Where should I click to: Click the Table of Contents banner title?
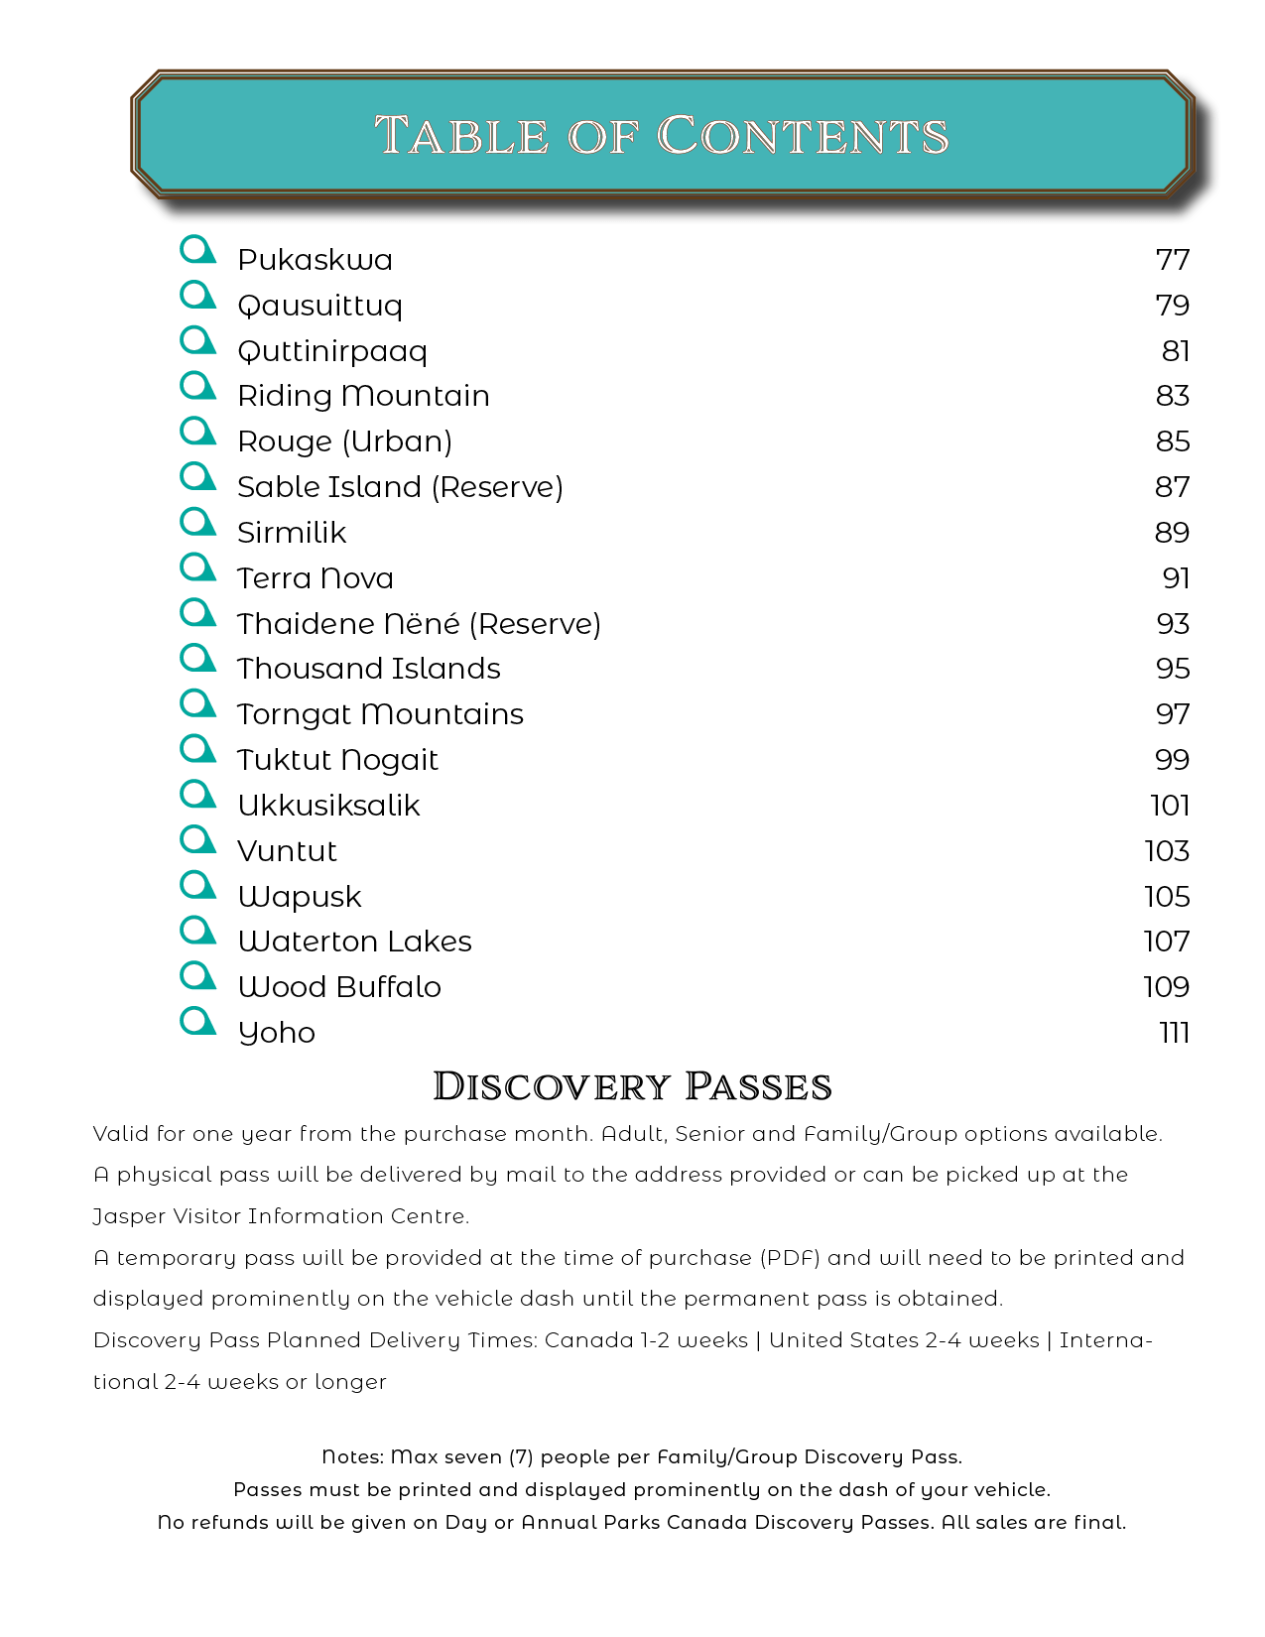662,135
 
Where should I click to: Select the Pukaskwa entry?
315,260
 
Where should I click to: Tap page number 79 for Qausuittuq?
1172,306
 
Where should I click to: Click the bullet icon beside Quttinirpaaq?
198,340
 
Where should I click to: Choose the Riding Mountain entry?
363,396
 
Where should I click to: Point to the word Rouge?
285,441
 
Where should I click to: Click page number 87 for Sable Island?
1172,487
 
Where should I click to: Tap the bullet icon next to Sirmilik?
198,522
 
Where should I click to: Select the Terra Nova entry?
316,578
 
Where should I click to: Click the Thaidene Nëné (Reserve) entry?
419,624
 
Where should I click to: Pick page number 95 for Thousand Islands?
1172,669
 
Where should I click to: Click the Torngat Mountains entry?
380,714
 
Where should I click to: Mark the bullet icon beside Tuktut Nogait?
198,749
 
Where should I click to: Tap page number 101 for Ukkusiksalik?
1170,806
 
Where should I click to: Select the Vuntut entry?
287,851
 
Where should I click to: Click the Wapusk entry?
300,897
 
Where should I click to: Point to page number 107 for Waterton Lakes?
1166,942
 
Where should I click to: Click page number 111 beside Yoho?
1174,1033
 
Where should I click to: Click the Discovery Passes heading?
632,1086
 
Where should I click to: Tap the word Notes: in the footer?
352,1457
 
